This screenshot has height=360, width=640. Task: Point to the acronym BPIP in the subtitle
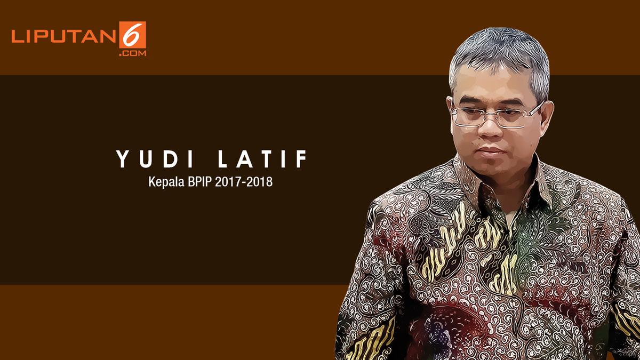coord(197,182)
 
